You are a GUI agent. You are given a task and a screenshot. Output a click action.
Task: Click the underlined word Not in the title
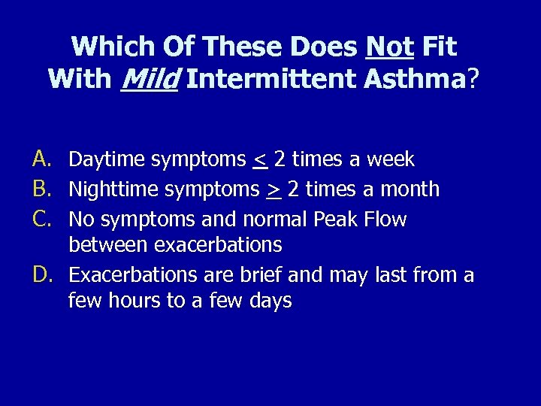tap(389, 47)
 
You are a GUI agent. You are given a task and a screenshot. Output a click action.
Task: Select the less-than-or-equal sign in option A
tap(260, 160)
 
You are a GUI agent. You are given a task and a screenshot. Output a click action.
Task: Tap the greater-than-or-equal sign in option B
tap(274, 190)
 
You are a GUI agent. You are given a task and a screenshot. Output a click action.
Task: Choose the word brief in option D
tap(261, 275)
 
